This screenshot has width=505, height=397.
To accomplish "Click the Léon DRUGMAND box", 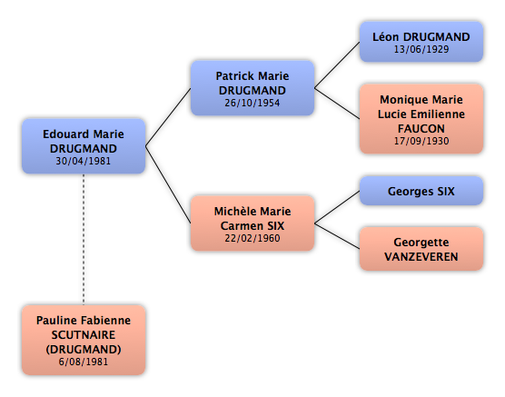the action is (x=421, y=42).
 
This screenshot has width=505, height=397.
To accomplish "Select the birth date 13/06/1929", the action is (x=421, y=49).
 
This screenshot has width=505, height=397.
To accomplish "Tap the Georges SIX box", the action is (x=421, y=191).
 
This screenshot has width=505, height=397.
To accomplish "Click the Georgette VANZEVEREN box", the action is (x=421, y=249).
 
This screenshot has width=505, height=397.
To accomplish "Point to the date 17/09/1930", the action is (x=421, y=141).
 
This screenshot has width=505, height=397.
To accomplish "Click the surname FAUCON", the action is (x=421, y=129).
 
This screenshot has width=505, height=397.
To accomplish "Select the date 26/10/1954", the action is (x=252, y=103).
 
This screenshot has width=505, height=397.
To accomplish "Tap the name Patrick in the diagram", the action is (x=234, y=76).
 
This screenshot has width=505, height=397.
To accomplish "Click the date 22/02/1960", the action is (x=252, y=238).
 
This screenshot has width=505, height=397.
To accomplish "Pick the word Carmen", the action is (x=238, y=225).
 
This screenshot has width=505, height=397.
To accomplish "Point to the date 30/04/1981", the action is (x=83, y=161).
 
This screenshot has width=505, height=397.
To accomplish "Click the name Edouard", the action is (x=65, y=134).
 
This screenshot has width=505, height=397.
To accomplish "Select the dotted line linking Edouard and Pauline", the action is (x=84, y=240).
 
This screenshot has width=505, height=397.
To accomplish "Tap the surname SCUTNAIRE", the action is (x=83, y=335).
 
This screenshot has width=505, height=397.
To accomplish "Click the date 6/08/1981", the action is (x=83, y=362).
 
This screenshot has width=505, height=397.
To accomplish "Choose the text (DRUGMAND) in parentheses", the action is (x=83, y=350).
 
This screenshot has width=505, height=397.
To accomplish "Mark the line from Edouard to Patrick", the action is (x=168, y=117).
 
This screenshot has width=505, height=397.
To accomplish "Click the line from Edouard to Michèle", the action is (x=168, y=184).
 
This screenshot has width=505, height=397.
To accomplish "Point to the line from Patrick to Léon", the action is (x=337, y=65).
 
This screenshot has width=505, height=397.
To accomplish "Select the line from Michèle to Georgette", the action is (x=337, y=236).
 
